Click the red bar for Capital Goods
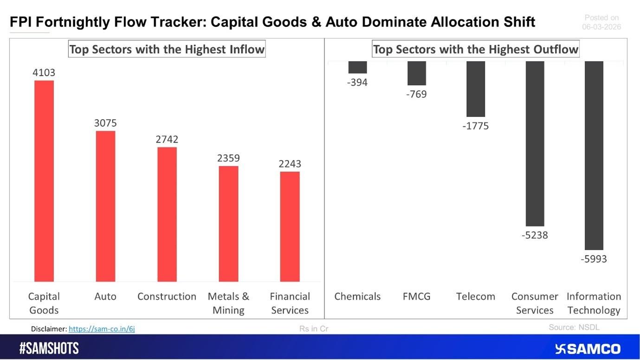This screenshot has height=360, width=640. [x=44, y=181]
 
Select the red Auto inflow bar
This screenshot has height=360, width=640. [x=105, y=206]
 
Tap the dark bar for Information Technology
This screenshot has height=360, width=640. [x=594, y=155]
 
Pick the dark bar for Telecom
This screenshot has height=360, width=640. [x=476, y=89]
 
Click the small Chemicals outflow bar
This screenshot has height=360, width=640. [x=357, y=67]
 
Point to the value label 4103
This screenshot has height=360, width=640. [x=44, y=73]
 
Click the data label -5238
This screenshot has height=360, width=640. [x=535, y=235]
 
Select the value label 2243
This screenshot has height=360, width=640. [x=290, y=164]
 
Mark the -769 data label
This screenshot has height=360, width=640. [x=416, y=94]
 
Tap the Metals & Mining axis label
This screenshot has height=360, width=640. [x=228, y=303]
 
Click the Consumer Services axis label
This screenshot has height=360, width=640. [x=535, y=303]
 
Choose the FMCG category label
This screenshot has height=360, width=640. [x=416, y=296]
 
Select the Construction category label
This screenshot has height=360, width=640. [x=167, y=296]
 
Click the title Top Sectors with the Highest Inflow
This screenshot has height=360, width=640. [x=167, y=49]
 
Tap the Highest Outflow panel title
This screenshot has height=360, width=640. [x=476, y=49]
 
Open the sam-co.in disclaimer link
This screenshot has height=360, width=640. [x=102, y=329]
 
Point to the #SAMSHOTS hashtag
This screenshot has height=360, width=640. [x=49, y=349]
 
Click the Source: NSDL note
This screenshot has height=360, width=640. [x=574, y=327]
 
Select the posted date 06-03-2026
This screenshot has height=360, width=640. [x=601, y=27]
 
